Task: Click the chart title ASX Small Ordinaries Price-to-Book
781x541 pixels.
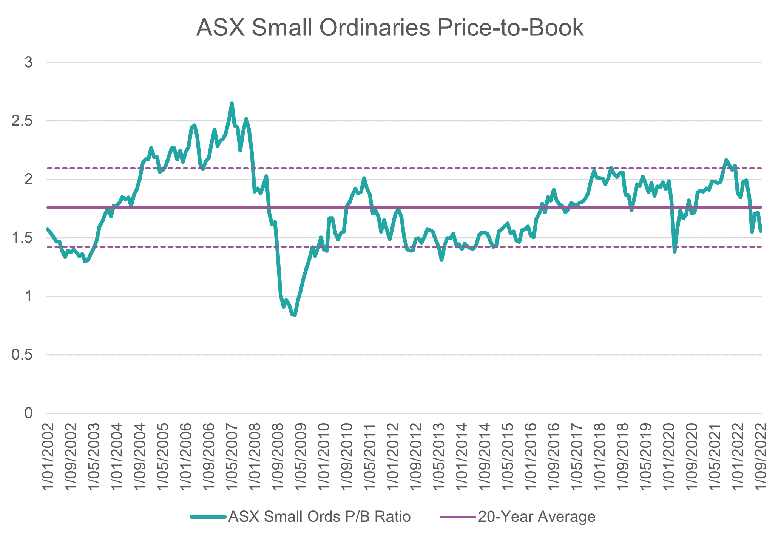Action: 390,28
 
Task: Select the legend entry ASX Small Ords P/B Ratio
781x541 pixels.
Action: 319,516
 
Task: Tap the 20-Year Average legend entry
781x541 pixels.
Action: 536,516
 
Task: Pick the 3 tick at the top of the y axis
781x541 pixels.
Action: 29,63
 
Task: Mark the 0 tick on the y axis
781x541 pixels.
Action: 29,413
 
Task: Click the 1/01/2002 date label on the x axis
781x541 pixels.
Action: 48,456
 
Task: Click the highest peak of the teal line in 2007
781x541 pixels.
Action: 232,103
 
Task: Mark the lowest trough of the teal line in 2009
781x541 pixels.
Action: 295,315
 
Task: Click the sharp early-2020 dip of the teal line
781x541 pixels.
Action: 674,252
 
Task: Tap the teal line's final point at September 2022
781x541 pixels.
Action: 761,231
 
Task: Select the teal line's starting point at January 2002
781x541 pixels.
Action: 47,229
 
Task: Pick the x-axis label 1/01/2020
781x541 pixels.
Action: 669,456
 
